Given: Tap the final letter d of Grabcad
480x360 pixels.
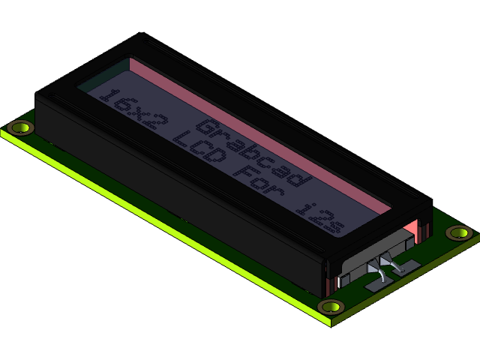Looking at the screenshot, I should (299, 178).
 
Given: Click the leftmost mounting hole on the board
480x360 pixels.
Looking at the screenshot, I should (21, 127).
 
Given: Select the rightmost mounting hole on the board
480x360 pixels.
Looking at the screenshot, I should (458, 232).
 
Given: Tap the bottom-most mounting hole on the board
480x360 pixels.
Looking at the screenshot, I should (330, 307).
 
